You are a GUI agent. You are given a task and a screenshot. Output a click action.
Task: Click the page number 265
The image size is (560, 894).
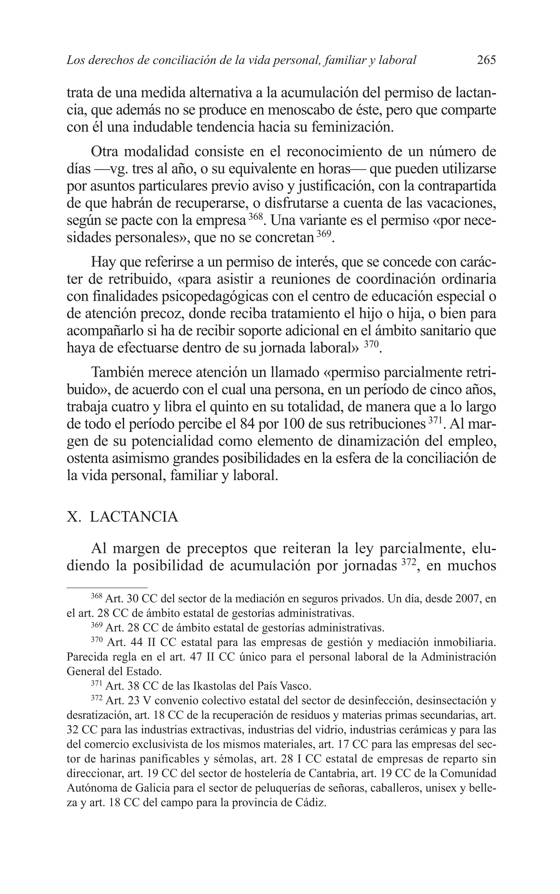click(486, 60)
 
